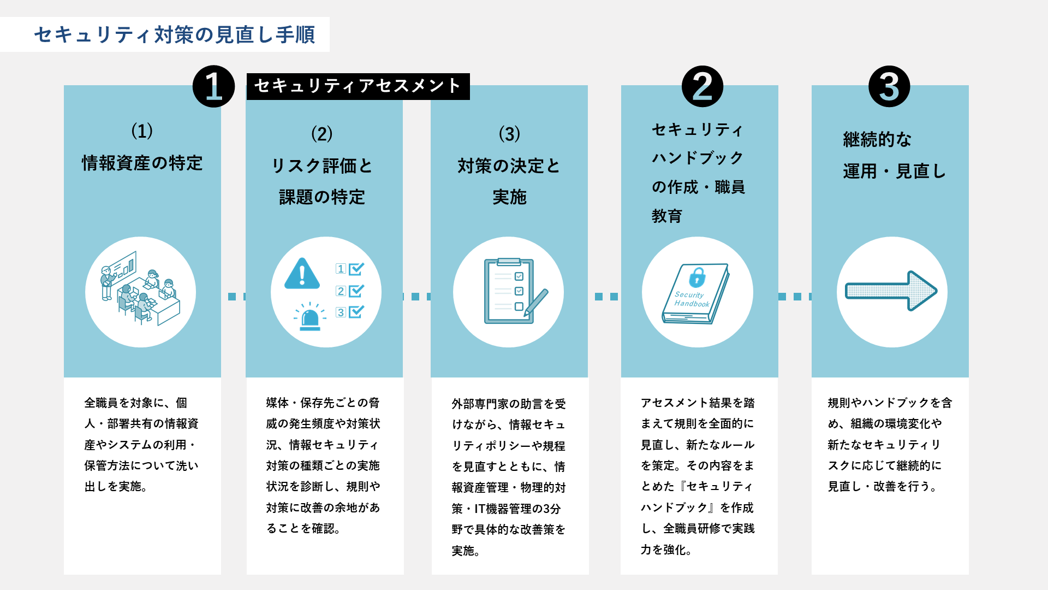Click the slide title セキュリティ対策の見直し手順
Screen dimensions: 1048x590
(x=175, y=34)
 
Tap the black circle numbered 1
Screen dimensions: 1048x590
(x=213, y=86)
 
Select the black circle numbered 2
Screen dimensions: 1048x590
(x=702, y=86)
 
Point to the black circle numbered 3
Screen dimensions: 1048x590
(x=889, y=86)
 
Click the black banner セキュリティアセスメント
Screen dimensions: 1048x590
(x=358, y=86)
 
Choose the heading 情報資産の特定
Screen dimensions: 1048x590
(x=142, y=163)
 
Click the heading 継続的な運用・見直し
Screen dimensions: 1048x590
(x=894, y=155)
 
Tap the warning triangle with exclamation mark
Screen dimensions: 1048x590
(x=302, y=274)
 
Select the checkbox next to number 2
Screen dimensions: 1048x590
(x=356, y=291)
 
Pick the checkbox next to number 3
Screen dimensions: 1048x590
(x=356, y=312)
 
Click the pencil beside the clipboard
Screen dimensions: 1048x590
(x=536, y=303)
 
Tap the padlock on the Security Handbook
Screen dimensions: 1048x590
(x=697, y=277)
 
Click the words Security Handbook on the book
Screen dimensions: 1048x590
(x=691, y=299)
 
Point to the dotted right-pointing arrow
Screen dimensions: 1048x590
(x=891, y=291)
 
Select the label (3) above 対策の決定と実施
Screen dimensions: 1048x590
(x=509, y=134)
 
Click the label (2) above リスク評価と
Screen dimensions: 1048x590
(x=321, y=134)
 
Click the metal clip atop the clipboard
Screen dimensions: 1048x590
(x=509, y=262)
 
